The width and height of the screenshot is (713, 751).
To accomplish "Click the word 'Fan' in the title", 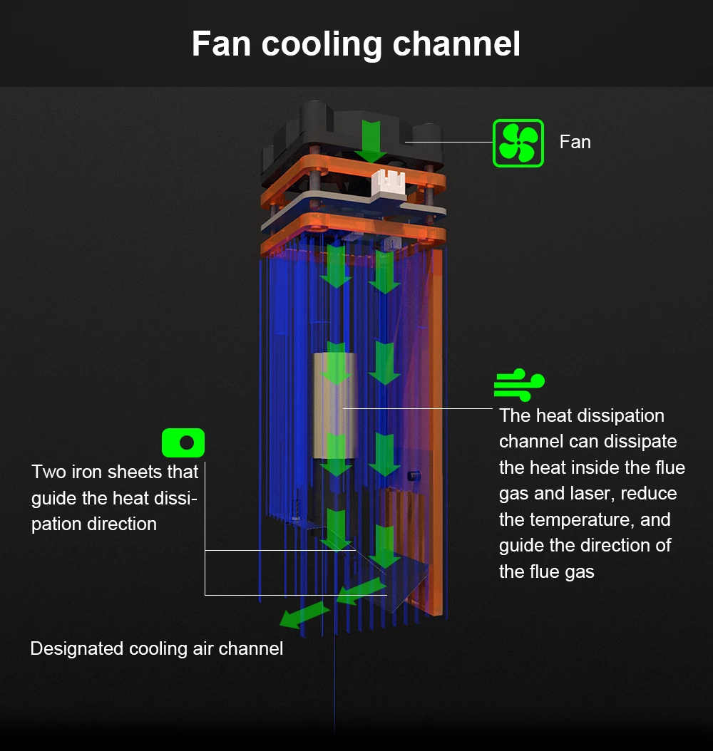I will click(220, 43).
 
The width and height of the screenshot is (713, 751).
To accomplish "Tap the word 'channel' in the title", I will click(456, 43).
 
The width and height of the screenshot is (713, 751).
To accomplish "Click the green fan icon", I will click(518, 143).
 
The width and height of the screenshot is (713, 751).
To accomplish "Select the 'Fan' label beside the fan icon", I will click(575, 142).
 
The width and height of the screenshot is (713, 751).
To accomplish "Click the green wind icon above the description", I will click(519, 385).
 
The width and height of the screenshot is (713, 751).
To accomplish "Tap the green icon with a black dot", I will click(183, 442).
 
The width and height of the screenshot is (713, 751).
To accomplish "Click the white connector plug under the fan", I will click(389, 184).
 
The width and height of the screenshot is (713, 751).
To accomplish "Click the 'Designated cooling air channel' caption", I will click(156, 648).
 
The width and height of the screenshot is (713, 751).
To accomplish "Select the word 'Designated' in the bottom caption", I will click(77, 648).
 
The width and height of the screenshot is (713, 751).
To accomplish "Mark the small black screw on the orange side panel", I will click(412, 476).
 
